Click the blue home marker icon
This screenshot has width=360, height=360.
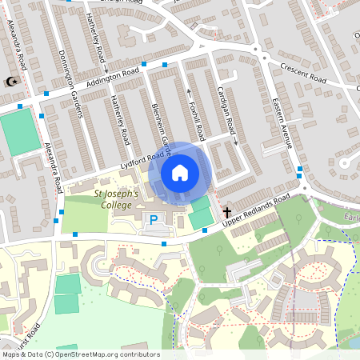[179, 172]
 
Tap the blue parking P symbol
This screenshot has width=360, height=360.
[153, 219]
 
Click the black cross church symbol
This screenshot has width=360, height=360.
[227, 213]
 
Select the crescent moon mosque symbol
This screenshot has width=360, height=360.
[11, 82]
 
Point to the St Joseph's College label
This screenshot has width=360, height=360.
[117, 198]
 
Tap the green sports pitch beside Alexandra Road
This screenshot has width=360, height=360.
[20, 132]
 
